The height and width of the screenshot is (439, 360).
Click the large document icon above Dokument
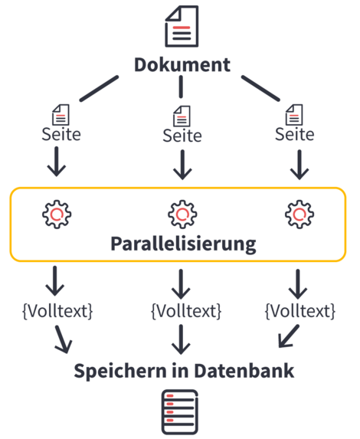[182, 26]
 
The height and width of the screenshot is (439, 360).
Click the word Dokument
[182, 65]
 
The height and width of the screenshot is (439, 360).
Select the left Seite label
[61, 134]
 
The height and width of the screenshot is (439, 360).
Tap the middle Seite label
[182, 136]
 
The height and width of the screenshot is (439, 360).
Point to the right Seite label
[294, 134]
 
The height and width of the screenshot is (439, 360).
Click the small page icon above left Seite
[61, 115]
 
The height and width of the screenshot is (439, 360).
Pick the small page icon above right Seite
[294, 115]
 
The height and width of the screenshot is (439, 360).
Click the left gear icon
[57, 215]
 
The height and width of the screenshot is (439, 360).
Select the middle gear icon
[182, 215]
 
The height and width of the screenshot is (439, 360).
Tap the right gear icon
[299, 215]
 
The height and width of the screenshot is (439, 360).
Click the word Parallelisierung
[183, 244]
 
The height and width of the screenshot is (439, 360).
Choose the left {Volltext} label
[57, 311]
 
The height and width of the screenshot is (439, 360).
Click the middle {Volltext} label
[186, 311]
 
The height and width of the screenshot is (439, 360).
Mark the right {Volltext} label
[300, 311]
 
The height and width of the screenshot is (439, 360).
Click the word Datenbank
[244, 371]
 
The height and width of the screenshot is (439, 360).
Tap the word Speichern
[120, 372]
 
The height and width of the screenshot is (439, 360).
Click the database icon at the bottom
[180, 412]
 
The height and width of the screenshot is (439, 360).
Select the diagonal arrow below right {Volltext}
[289, 336]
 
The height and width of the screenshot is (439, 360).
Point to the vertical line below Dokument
[181, 87]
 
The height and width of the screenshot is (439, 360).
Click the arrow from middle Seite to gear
[182, 165]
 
